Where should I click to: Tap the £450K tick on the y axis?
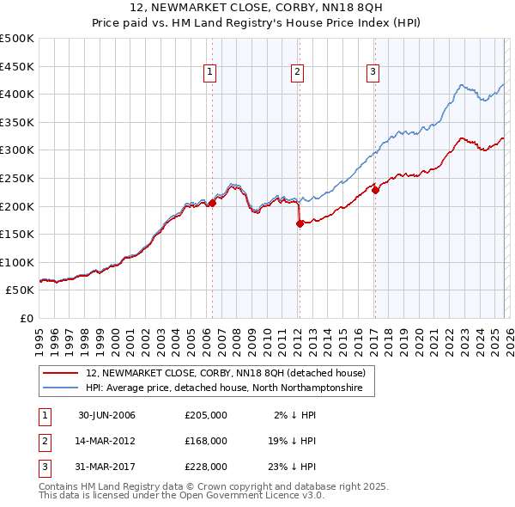coord(17,66)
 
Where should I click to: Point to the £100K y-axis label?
coord(17,262)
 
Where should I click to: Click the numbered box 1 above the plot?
coord(209,73)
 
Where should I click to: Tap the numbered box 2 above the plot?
coord(296,73)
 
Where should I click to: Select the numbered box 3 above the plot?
coord(373,73)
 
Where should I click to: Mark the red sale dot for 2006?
coord(213,204)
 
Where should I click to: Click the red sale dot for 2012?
coord(300,223)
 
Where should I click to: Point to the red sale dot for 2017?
coord(375,190)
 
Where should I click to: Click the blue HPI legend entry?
coord(224,388)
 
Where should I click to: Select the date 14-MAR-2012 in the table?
coord(106,441)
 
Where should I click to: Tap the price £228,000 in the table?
coord(206,467)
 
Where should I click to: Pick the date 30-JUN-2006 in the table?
coord(106,415)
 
